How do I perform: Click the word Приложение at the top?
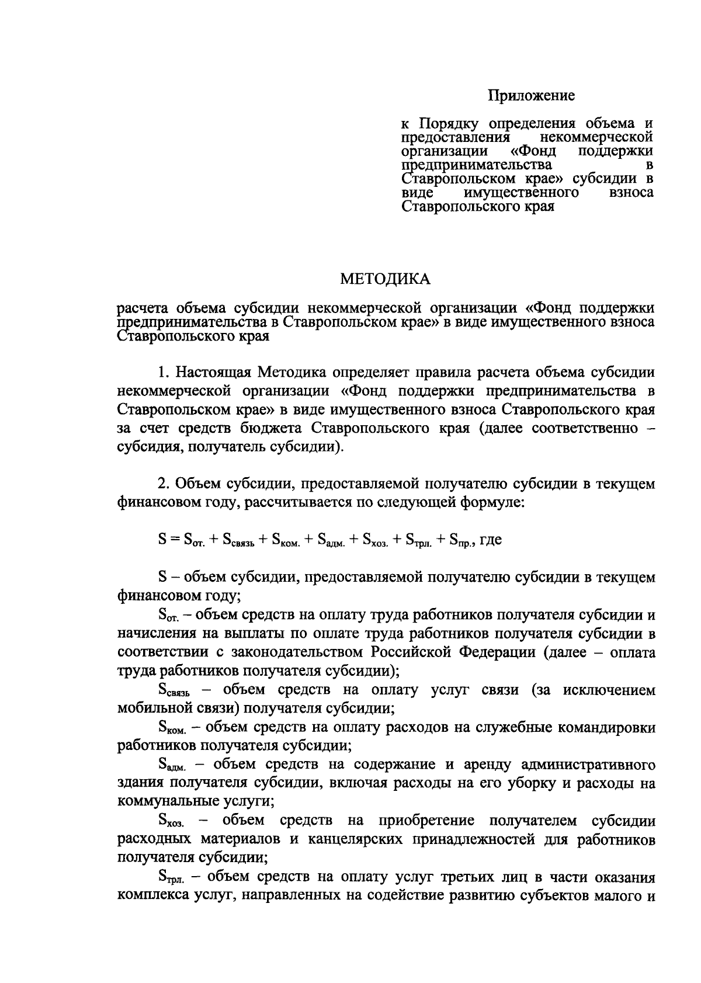[x=532, y=95]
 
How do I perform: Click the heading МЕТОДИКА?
[x=386, y=279]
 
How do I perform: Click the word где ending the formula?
[x=490, y=540]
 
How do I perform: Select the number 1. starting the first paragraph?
[x=164, y=372]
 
